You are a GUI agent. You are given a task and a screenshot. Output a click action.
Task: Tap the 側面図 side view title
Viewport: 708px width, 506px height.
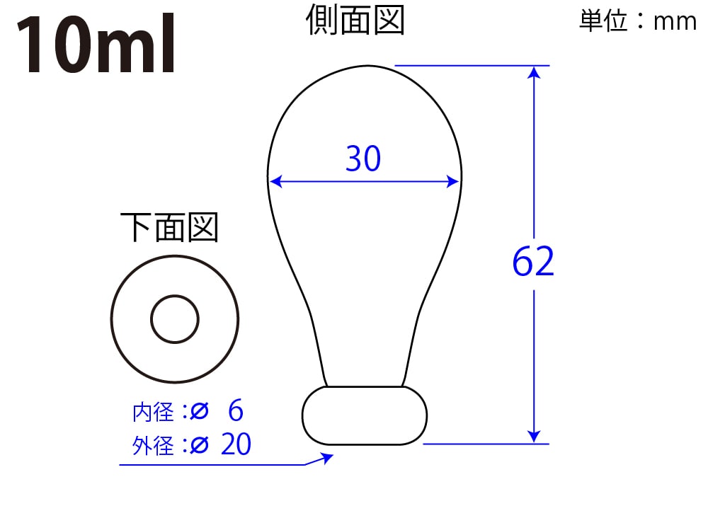pos(355,20)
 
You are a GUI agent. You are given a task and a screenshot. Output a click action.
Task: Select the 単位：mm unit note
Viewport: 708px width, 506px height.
pos(638,21)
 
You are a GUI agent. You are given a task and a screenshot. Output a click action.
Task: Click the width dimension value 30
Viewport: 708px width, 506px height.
pos(363,159)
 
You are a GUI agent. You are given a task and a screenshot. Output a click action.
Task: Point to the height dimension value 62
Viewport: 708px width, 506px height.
pos(533,261)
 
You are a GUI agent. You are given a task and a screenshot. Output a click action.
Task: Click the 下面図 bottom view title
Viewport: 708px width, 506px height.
pos(169,227)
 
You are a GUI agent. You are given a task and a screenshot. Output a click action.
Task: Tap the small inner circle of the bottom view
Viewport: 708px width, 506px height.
pos(175,319)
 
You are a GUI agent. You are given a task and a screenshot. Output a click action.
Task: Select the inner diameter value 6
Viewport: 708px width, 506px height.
pos(236,410)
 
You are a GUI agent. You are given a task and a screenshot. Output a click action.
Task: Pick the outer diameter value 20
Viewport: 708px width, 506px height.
pos(236,444)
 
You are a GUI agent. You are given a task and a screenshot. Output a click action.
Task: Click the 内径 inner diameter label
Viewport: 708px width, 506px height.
pos(153,412)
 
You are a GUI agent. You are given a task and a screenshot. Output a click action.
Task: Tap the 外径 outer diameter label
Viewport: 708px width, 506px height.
pos(153,446)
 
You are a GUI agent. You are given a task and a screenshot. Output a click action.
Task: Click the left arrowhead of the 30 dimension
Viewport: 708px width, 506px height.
pos(275,181)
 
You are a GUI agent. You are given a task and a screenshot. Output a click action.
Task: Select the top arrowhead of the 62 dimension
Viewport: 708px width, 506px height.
pos(534,73)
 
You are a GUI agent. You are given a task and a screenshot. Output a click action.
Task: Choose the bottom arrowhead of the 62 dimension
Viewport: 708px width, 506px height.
pos(534,437)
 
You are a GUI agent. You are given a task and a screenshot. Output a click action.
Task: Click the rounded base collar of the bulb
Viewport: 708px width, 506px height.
pos(365,415)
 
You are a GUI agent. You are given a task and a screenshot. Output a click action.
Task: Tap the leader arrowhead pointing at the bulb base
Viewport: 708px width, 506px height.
pos(326,458)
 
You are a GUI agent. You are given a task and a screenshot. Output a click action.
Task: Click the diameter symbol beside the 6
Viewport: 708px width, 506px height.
pos(199,411)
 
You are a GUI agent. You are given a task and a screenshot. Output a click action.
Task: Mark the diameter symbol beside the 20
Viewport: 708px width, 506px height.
pos(199,445)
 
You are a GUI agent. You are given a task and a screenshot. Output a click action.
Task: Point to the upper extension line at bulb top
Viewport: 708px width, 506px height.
pos(472,65)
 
